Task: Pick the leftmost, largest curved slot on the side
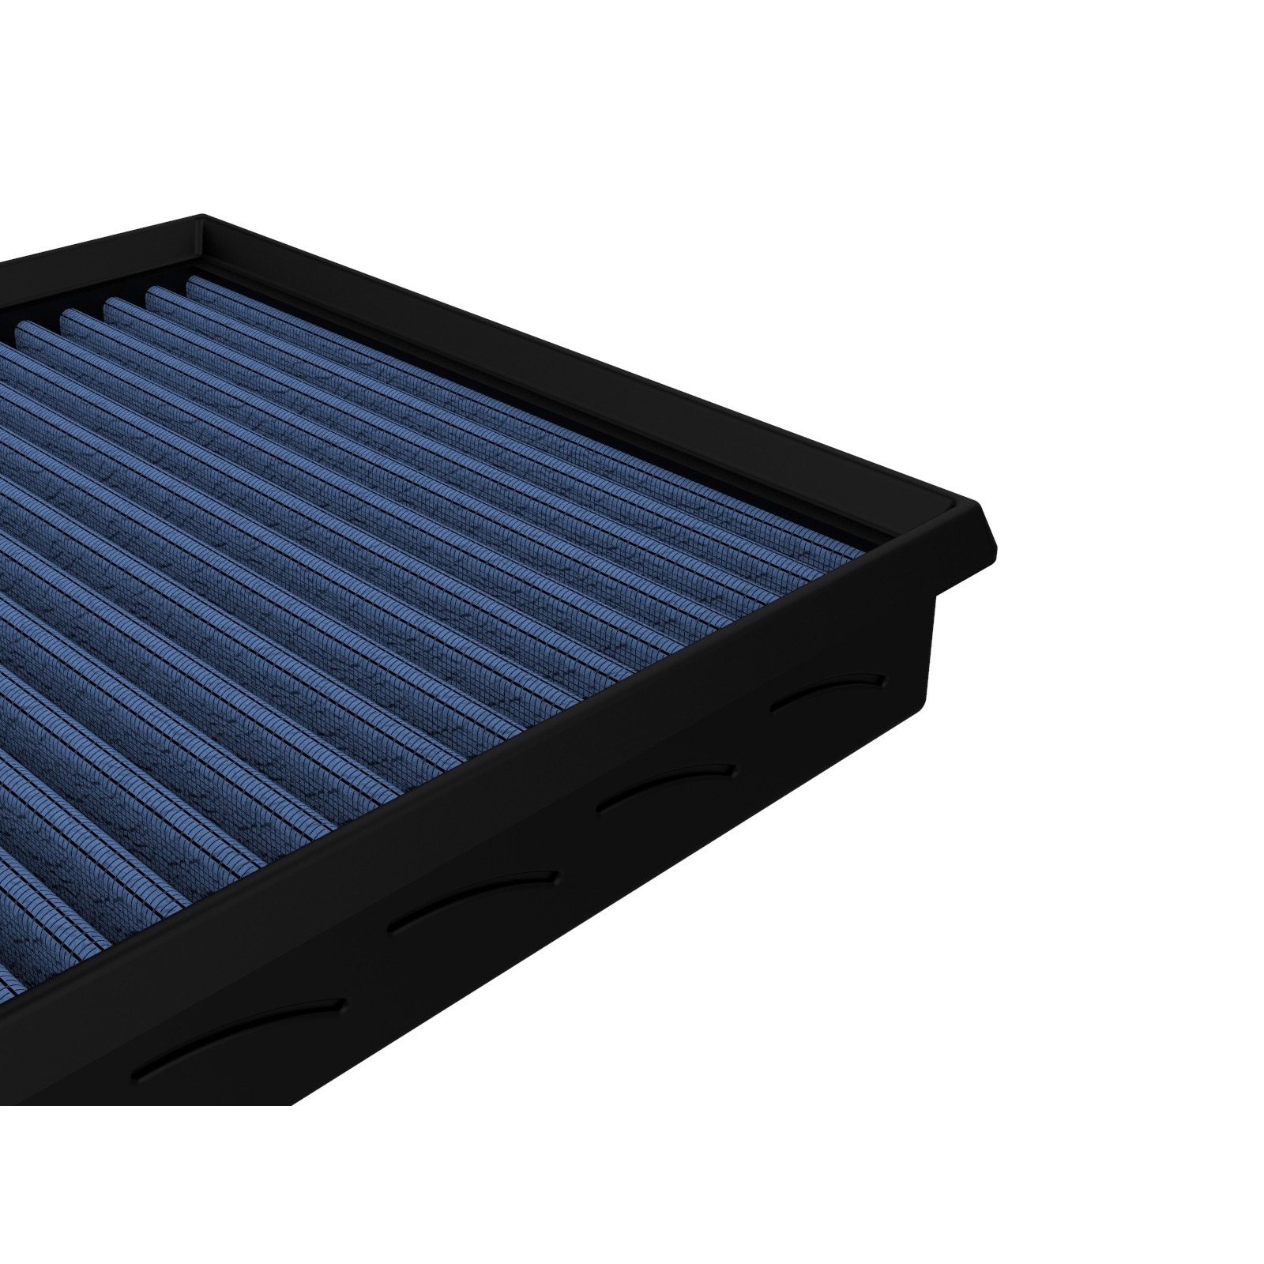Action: (x=237, y=1027)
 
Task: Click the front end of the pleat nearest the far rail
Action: (x=849, y=546)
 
